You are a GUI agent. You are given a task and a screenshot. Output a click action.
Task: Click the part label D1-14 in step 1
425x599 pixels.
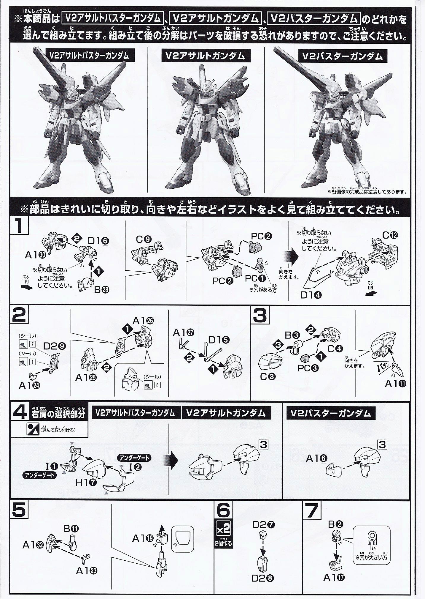coord(310,295)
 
